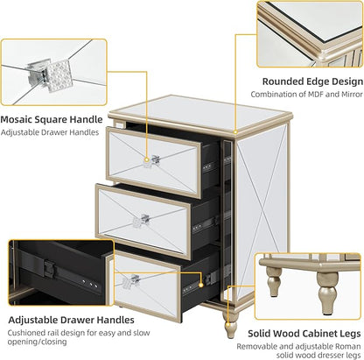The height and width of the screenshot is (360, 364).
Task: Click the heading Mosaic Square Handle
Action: coord(52,119)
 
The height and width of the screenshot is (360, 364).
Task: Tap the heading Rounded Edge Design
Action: coord(312,81)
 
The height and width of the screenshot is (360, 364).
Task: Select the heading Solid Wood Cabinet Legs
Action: coord(304,333)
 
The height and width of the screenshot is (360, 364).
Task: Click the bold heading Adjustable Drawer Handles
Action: coord(71,320)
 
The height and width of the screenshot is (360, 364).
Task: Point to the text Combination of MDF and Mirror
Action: coord(306,95)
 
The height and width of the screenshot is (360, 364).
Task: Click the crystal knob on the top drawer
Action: coord(151,162)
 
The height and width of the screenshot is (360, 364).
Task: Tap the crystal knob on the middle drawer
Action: coord(141,221)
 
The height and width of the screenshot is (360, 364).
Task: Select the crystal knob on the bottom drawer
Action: coord(130,280)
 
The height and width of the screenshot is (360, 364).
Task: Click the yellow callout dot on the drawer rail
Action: coord(200,285)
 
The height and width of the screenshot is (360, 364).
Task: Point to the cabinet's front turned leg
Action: coord(230,325)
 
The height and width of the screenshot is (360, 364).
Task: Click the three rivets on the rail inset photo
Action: coord(90,283)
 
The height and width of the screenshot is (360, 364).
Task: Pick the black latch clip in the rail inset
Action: coord(47,269)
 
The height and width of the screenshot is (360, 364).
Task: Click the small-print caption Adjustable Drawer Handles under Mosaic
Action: coord(50,132)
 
